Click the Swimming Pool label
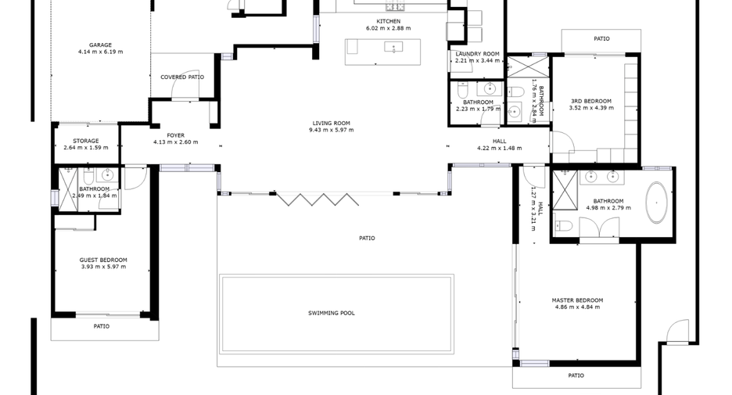331,314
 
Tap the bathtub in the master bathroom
656,203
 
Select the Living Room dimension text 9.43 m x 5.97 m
331,131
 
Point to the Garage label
100,45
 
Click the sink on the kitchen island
394,47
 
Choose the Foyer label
175,135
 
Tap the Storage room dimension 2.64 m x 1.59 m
86,148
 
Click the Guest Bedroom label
103,260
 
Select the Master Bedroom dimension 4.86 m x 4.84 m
577,307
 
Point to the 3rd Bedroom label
591,102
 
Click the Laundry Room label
477,54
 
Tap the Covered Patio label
182,77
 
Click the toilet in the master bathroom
564,226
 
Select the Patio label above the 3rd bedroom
601,39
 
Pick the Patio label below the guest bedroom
102,326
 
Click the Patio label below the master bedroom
576,375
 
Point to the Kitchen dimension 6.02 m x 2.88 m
389,28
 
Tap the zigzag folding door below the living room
317,199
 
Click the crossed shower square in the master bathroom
565,191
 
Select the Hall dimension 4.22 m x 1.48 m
500,149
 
